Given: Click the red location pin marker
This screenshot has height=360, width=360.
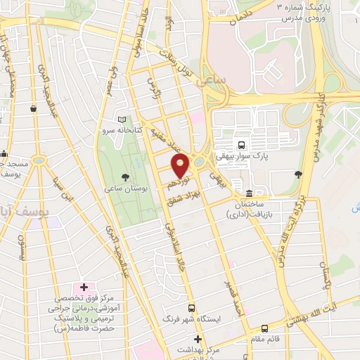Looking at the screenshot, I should tap(180, 166).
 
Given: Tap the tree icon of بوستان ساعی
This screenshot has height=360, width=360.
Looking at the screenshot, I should tap(126, 176).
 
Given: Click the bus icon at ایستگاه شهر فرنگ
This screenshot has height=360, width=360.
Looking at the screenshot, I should tap(191, 307).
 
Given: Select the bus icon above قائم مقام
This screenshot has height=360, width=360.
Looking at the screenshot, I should tap(264, 328).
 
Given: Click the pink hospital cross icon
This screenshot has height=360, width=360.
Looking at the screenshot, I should tap(84, 287).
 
